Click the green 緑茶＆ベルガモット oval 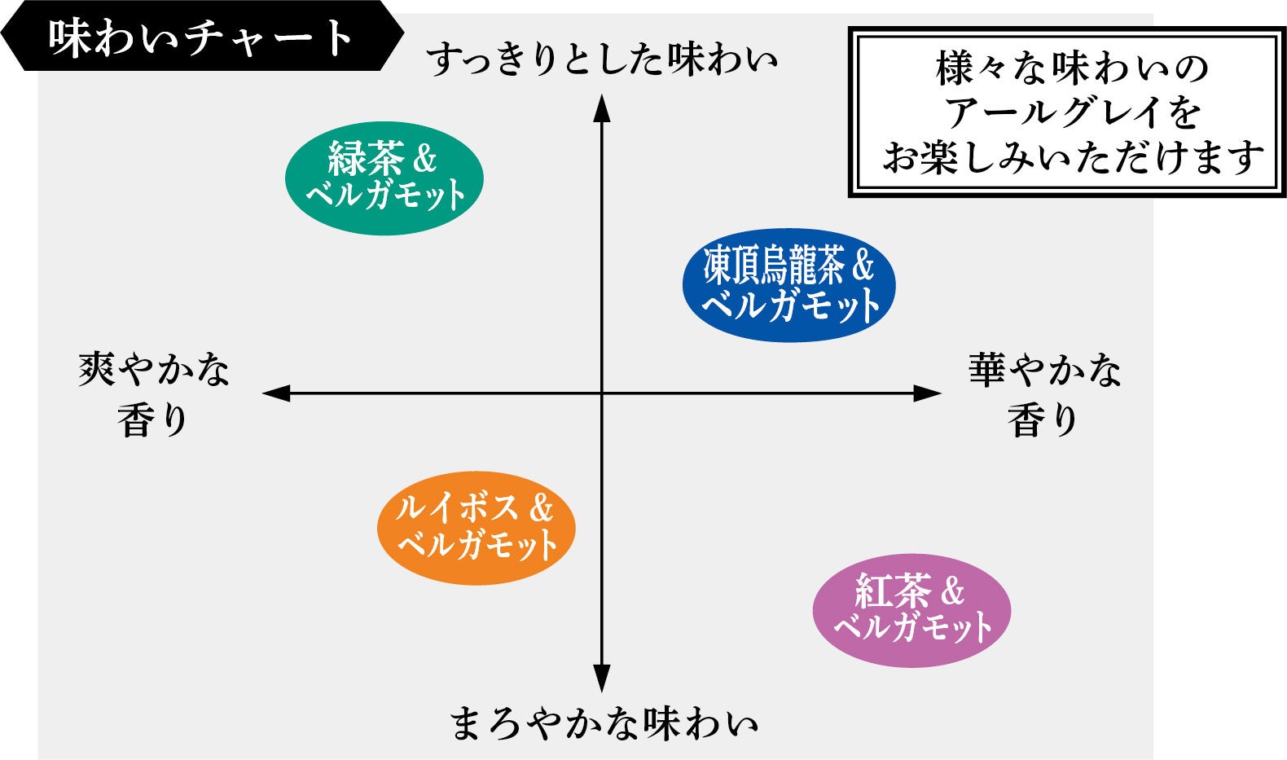[384, 178]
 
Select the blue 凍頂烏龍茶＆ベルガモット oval [788, 284]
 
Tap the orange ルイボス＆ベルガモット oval [476, 528]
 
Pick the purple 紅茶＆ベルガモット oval [911, 610]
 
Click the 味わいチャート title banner [200, 37]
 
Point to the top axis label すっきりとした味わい [602, 60]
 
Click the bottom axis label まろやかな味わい [604, 723]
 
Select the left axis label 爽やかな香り [153, 394]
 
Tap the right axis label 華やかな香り [1044, 394]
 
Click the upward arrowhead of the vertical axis [601, 108]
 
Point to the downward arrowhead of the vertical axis [601, 679]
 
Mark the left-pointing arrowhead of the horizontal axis [276, 393]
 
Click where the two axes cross [601, 393]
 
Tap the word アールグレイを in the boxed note [1072, 113]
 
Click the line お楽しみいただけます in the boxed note [1072, 157]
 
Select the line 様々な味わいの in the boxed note [1072, 68]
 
